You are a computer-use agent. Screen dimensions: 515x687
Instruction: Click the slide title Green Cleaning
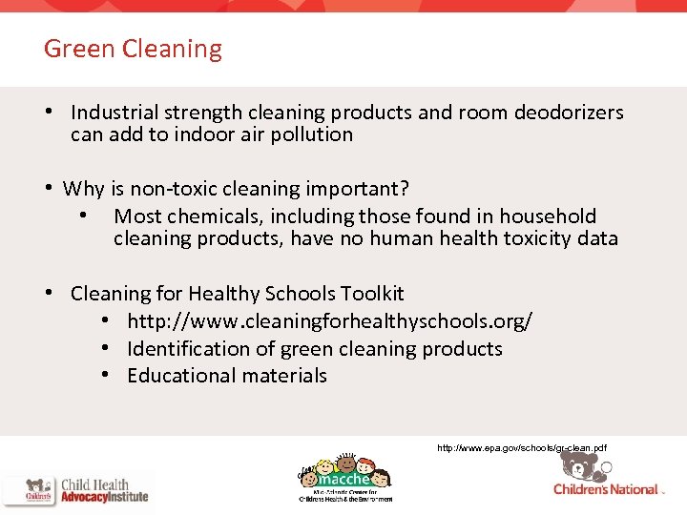[x=133, y=49]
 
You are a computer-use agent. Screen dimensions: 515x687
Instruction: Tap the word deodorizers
[x=569, y=113]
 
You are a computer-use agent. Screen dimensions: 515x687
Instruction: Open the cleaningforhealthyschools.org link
[x=329, y=321]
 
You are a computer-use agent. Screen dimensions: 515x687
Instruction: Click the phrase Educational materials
[x=227, y=376]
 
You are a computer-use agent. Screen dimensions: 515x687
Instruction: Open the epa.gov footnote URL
[x=521, y=447]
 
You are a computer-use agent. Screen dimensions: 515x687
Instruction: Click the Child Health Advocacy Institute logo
[x=76, y=488]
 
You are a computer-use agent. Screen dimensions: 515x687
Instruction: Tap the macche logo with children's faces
[x=343, y=475]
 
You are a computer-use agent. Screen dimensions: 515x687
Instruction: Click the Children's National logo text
[x=607, y=489]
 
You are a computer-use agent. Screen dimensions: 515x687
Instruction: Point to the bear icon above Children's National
[x=579, y=464]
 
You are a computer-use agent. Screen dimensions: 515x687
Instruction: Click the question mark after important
[x=405, y=189]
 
